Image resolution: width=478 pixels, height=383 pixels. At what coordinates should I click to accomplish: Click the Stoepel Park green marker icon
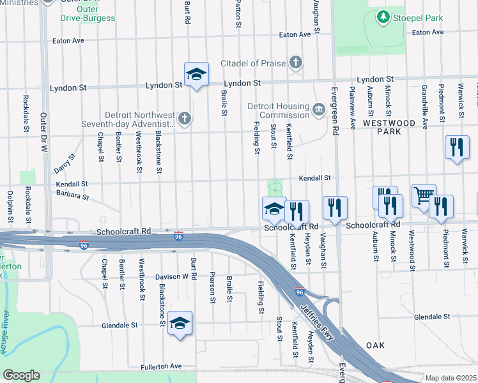[x=383, y=15]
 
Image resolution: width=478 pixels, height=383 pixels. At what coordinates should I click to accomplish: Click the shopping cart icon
[x=424, y=195]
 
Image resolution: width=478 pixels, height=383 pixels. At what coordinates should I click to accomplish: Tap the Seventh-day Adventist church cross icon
[x=185, y=117]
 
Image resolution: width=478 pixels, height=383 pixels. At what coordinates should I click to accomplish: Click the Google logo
[x=21, y=375]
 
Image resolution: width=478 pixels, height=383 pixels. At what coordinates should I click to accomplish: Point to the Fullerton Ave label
[x=162, y=367]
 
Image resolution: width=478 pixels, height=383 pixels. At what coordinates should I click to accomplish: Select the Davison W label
[x=172, y=277]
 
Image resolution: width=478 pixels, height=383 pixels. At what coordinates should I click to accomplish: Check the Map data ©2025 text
[x=451, y=378]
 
